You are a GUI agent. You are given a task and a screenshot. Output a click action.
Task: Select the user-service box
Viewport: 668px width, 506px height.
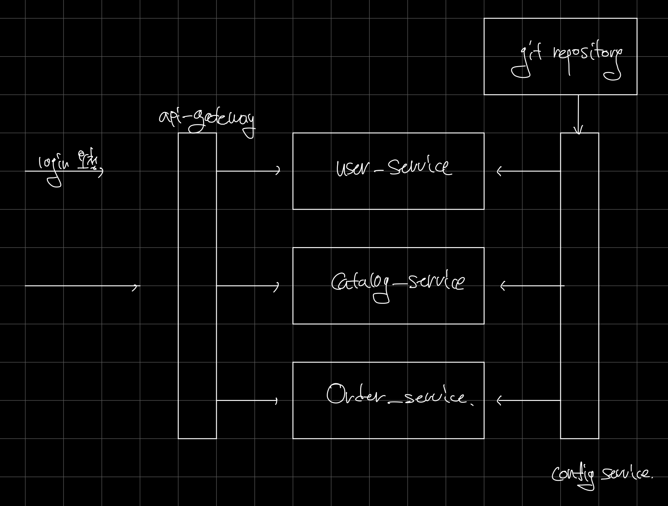point(388,190)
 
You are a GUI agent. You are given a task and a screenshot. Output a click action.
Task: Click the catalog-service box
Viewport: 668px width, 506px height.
point(388,308)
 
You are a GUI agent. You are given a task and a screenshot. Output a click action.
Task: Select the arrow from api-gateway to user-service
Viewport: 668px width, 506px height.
point(248,171)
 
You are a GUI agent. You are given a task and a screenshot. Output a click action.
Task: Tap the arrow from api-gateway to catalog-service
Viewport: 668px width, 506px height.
point(248,286)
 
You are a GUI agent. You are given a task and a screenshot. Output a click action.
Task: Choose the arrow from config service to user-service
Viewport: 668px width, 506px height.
point(529,171)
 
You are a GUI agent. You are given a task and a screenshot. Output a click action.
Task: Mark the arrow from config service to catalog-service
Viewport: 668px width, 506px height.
point(532,286)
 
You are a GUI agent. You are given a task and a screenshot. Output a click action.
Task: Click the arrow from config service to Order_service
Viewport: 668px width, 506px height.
point(529,400)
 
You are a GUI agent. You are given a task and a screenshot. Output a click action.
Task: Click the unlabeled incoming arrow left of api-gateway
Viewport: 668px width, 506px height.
point(82,286)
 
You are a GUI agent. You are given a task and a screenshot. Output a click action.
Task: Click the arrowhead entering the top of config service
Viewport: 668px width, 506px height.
point(579,130)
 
